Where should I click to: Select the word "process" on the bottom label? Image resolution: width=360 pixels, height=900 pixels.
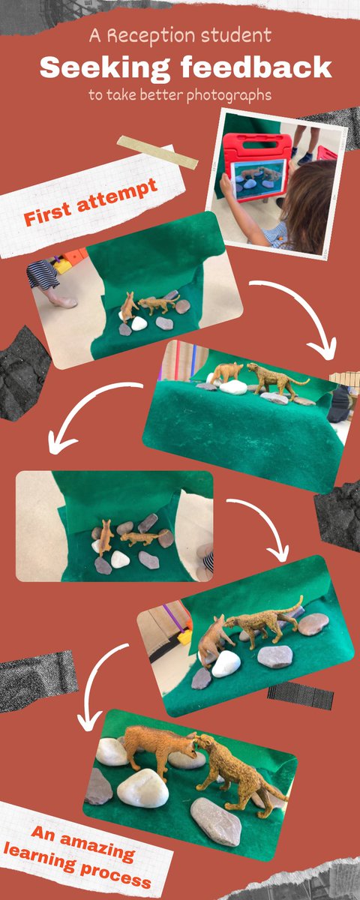[x=115, y=871]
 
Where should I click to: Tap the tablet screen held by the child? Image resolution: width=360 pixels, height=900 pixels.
[x=259, y=179]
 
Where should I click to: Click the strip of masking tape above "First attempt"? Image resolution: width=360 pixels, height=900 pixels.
[x=157, y=152]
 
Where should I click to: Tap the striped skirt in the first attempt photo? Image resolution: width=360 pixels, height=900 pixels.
[x=43, y=274]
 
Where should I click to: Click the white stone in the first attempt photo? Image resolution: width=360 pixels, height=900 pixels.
[x=139, y=323]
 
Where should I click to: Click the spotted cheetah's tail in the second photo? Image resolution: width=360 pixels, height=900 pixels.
[x=298, y=381]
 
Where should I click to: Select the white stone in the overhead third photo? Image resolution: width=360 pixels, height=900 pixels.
[x=120, y=559]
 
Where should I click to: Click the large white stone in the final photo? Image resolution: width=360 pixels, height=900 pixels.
[x=142, y=789]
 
